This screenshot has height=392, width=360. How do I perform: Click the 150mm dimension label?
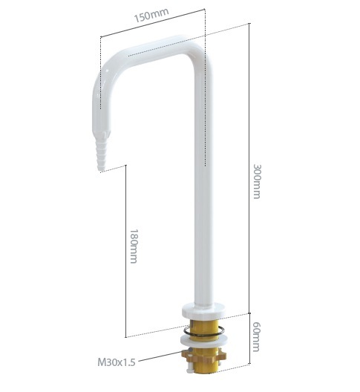151,15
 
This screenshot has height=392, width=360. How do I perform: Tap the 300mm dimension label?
257,181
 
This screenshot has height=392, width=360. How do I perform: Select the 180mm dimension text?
134,246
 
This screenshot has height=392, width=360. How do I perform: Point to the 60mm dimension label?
257,336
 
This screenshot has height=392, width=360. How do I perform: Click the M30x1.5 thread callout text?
117,362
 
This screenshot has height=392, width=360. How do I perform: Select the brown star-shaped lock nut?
204,355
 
